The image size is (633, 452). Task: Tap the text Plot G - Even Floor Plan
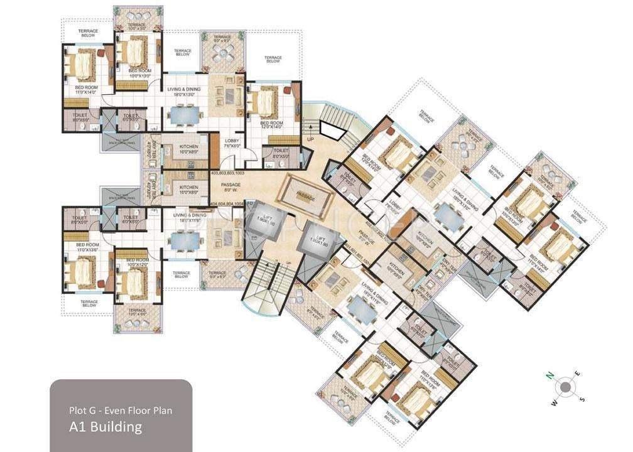pyautogui.click(x=120, y=411)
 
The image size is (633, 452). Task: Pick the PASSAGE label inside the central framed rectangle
pyautogui.click(x=306, y=195)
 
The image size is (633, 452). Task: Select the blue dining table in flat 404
pyautogui.click(x=184, y=240)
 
